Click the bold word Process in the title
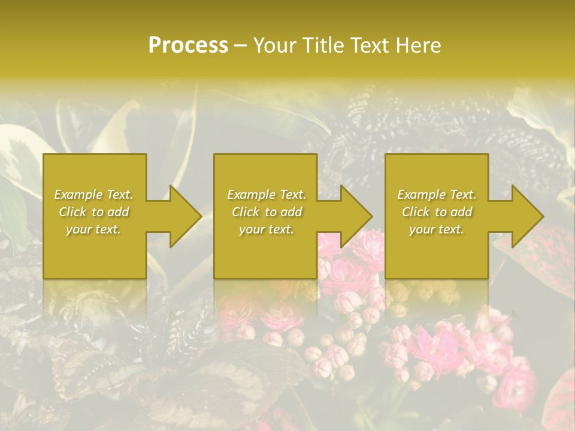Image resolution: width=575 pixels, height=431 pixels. point(188,45)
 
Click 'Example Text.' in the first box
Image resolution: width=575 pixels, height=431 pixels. point(93,195)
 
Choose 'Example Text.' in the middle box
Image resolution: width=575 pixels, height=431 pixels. point(267,195)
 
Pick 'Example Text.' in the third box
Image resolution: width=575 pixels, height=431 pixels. point(437,195)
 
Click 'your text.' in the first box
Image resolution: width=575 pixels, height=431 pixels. point(93,229)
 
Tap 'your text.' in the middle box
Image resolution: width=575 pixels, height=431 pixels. point(267,229)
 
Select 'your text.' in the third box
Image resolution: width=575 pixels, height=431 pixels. point(437,229)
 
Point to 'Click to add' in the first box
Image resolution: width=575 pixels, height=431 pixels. point(94,212)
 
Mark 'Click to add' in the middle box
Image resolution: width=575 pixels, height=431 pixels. point(267,212)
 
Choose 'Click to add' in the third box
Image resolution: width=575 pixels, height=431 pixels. point(437,212)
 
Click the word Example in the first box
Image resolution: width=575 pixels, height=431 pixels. point(77,195)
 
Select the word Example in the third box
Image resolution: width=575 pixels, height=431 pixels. point(421,195)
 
